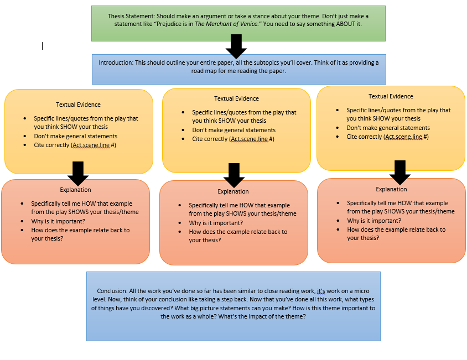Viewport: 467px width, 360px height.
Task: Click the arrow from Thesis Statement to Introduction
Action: (236, 46)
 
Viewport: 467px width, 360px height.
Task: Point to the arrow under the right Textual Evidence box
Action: (400, 173)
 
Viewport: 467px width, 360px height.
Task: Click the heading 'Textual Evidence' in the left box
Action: (79, 105)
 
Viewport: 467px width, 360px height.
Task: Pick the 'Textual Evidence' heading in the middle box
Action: (236, 98)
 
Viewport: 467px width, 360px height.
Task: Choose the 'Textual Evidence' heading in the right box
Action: (391, 96)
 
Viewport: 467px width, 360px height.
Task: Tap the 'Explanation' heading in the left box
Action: (75, 190)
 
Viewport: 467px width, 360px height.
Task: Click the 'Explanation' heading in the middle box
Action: (233, 191)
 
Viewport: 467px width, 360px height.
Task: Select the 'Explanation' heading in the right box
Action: (391, 189)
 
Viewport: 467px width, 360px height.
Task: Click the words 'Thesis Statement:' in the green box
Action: (131, 16)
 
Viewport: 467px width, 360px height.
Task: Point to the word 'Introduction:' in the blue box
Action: (116, 62)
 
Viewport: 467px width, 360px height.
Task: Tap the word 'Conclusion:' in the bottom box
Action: (112, 291)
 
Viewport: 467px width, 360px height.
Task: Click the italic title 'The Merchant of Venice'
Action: (226, 24)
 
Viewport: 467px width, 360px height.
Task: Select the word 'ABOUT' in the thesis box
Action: (346, 24)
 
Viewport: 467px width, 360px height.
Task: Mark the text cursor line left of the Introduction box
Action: (42, 46)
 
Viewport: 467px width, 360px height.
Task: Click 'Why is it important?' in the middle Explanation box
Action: (216, 223)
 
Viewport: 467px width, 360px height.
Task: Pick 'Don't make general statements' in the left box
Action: (76, 136)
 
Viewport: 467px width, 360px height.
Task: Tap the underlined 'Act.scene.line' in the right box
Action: (404, 137)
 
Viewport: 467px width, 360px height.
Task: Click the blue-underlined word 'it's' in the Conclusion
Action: (321, 291)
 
